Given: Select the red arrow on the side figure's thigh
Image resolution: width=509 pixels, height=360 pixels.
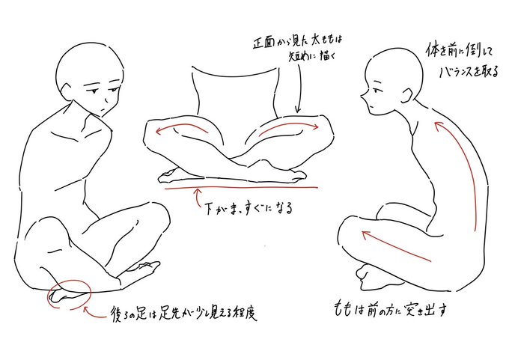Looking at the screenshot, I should [x=396, y=247].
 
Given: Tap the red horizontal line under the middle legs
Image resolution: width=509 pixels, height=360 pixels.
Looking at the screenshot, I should [x=243, y=187].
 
